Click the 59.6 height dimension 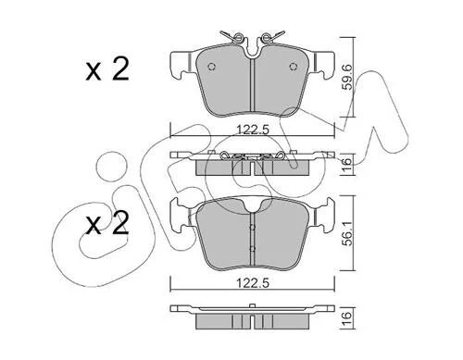[348, 77]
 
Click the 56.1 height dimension [348, 233]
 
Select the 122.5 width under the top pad [253, 130]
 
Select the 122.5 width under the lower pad [253, 282]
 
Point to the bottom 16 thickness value [348, 317]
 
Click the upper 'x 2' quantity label [107, 69]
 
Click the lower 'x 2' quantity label [107, 223]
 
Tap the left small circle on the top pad [212, 67]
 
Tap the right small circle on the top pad [293, 67]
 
